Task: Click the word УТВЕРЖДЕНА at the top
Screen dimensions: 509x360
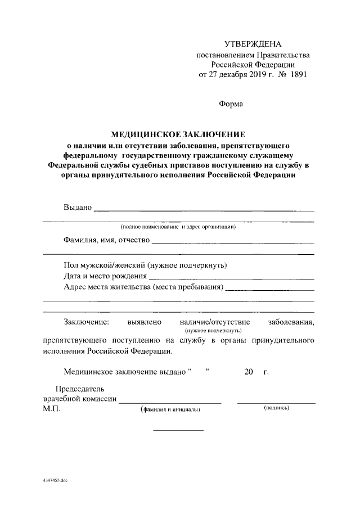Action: [x=253, y=44]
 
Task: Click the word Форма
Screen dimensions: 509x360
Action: [x=230, y=103]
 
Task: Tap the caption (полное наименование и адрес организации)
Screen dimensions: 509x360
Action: [x=178, y=227]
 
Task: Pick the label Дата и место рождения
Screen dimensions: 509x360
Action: [x=105, y=276]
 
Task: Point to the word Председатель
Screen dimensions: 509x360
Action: [x=79, y=389]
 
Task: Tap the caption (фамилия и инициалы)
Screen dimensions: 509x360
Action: [x=170, y=410]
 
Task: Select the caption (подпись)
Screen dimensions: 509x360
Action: [x=276, y=408]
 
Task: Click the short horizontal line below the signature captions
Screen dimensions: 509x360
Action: [x=178, y=430]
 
